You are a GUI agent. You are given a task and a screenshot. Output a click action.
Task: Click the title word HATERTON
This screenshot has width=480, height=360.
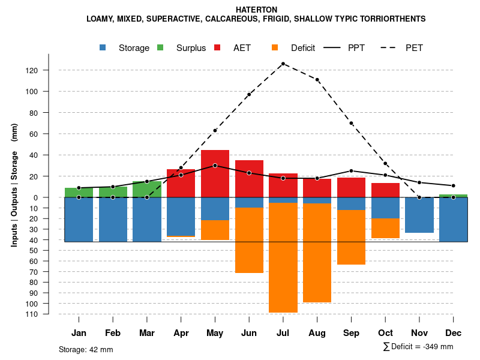click(256, 10)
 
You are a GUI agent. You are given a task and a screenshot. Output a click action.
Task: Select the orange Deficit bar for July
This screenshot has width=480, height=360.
click(283, 258)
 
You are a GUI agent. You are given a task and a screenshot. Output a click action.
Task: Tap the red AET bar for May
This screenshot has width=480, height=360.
click(215, 173)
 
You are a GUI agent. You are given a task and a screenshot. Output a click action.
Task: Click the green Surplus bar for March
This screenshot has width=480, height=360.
click(147, 189)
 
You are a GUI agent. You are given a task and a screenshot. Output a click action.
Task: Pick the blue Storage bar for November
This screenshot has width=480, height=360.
click(419, 215)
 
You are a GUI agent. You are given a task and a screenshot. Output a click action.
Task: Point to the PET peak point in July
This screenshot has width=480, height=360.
click(283, 64)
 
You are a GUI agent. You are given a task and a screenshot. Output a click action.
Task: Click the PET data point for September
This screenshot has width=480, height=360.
click(351, 123)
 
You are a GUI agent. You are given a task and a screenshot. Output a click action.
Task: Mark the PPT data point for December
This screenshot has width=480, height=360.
click(454, 185)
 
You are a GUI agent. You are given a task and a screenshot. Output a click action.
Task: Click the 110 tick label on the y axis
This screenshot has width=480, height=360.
click(32, 314)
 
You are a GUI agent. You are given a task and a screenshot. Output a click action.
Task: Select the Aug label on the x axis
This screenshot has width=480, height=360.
click(317, 333)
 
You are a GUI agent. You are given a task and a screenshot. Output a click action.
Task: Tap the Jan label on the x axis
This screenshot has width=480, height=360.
click(79, 333)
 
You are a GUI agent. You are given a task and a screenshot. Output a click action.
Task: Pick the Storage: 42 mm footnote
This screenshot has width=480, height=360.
click(86, 349)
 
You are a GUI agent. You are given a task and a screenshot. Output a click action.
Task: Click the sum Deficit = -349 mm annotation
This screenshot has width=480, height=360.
click(418, 347)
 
